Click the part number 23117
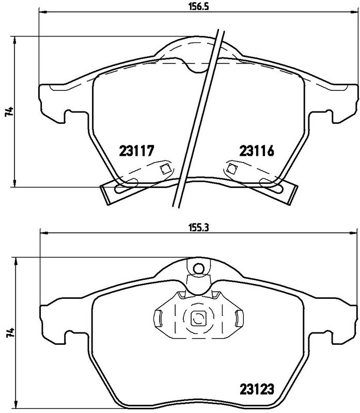point(137,151)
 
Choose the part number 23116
point(256,151)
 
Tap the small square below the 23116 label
point(231,168)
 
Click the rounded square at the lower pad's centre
point(198,319)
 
